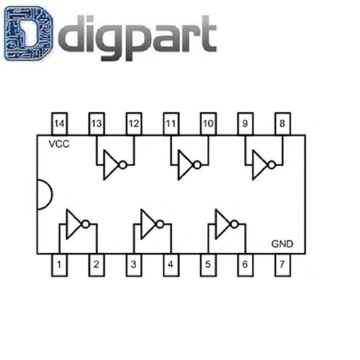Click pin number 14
(x=60, y=124)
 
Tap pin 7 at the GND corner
(x=283, y=265)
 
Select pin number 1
(x=60, y=265)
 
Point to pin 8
(x=283, y=124)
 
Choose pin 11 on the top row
(x=171, y=124)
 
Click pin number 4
(x=171, y=265)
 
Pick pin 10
(x=208, y=124)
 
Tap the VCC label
(x=59, y=144)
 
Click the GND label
(x=282, y=244)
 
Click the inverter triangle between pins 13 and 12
(x=111, y=165)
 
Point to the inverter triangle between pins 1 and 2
(x=74, y=224)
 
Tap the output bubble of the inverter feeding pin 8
(x=272, y=165)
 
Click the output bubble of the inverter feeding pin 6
(x=235, y=224)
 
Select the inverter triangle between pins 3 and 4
(x=148, y=224)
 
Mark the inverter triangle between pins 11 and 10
(x=186, y=165)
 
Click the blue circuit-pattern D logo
(x=28, y=33)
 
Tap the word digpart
(x=137, y=38)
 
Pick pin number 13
(x=97, y=124)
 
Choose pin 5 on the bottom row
(x=208, y=265)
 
